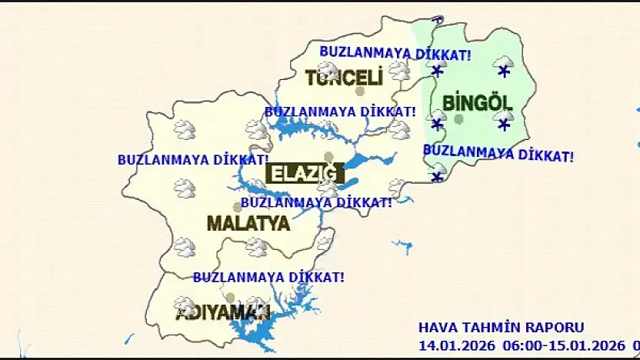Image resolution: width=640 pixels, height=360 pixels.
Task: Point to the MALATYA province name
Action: pos(248,224)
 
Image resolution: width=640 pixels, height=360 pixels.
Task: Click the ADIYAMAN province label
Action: pos(223,313)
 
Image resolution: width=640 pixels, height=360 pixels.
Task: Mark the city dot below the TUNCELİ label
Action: pos(360,92)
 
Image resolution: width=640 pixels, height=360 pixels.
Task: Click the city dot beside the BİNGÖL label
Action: pos(459,119)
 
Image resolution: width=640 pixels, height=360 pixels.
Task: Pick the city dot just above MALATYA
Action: pos(238,207)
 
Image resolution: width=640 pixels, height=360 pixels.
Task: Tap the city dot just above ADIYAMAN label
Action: pos(230,298)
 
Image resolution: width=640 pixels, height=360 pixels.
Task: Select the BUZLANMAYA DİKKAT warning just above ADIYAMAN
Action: pos(268,277)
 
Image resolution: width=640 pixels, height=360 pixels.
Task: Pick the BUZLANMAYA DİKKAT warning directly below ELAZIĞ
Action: pos(316,203)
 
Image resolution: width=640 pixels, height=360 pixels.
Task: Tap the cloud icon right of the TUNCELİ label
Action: pos(399,72)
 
